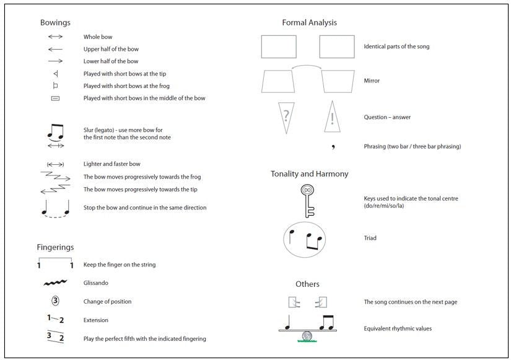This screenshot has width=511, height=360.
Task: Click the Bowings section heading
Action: pyautogui.click(x=55, y=23)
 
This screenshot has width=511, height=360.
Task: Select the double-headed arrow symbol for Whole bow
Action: pyautogui.click(x=55, y=37)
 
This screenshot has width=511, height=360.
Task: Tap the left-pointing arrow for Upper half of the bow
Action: pyautogui.click(x=55, y=49)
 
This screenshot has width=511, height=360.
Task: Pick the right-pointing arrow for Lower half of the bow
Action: pyautogui.click(x=55, y=61)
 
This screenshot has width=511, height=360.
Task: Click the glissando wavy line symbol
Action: pyautogui.click(x=55, y=283)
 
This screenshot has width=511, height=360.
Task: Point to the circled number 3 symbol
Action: pyautogui.click(x=55, y=302)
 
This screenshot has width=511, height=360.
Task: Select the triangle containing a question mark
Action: pyautogui.click(x=286, y=116)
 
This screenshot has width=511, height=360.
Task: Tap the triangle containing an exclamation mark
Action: pyautogui.click(x=332, y=117)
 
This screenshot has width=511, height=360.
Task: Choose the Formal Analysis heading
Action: pyautogui.click(x=309, y=23)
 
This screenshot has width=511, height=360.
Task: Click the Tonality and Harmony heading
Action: pyautogui.click(x=309, y=174)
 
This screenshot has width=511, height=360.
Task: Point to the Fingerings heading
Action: pyautogui.click(x=55, y=247)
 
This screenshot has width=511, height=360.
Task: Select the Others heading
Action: pyautogui.click(x=307, y=284)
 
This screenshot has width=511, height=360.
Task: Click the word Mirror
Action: pyautogui.click(x=372, y=81)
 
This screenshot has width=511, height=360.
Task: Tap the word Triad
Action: pyautogui.click(x=370, y=238)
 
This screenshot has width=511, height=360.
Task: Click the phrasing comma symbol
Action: pyautogui.click(x=333, y=147)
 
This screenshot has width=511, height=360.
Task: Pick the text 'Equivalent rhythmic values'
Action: pyautogui.click(x=398, y=328)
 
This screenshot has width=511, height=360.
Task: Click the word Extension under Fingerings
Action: pyautogui.click(x=96, y=320)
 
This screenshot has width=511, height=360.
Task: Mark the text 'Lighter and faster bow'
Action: pyautogui.click(x=112, y=164)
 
